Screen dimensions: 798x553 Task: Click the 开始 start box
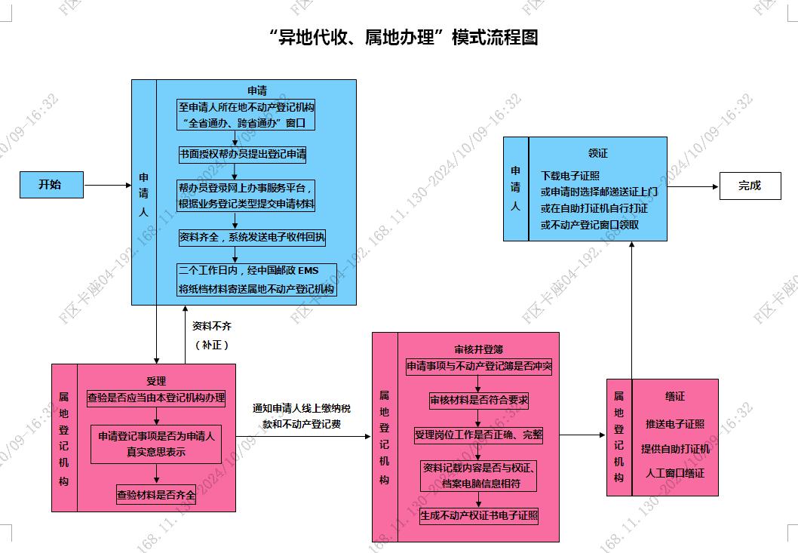(x=51, y=185)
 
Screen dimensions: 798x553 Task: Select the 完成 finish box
(x=750, y=186)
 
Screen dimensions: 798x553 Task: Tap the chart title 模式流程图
(x=495, y=37)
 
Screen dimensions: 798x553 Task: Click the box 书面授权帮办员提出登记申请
(x=242, y=155)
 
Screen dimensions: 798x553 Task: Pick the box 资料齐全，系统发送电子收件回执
(x=252, y=238)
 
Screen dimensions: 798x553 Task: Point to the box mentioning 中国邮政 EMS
(x=256, y=279)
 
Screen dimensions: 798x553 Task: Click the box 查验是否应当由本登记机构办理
(x=156, y=398)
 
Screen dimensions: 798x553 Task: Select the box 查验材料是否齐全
(x=155, y=494)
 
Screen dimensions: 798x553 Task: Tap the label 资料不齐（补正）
(x=212, y=336)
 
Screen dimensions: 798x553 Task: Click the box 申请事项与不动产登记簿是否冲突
(x=479, y=366)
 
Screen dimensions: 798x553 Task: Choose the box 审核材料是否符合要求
(x=479, y=401)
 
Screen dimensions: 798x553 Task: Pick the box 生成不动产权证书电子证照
(x=479, y=516)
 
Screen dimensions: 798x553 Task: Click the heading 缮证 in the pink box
(x=675, y=396)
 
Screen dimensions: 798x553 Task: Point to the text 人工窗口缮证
(x=675, y=473)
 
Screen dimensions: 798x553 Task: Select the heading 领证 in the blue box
(x=598, y=153)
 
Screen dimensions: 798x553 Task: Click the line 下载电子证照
(x=570, y=176)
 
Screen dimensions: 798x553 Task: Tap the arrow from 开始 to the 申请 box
(x=108, y=186)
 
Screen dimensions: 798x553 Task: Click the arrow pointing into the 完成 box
(x=693, y=187)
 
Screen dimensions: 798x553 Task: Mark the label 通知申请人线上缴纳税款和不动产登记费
(x=302, y=416)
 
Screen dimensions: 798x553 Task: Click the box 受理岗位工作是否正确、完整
(x=479, y=435)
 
